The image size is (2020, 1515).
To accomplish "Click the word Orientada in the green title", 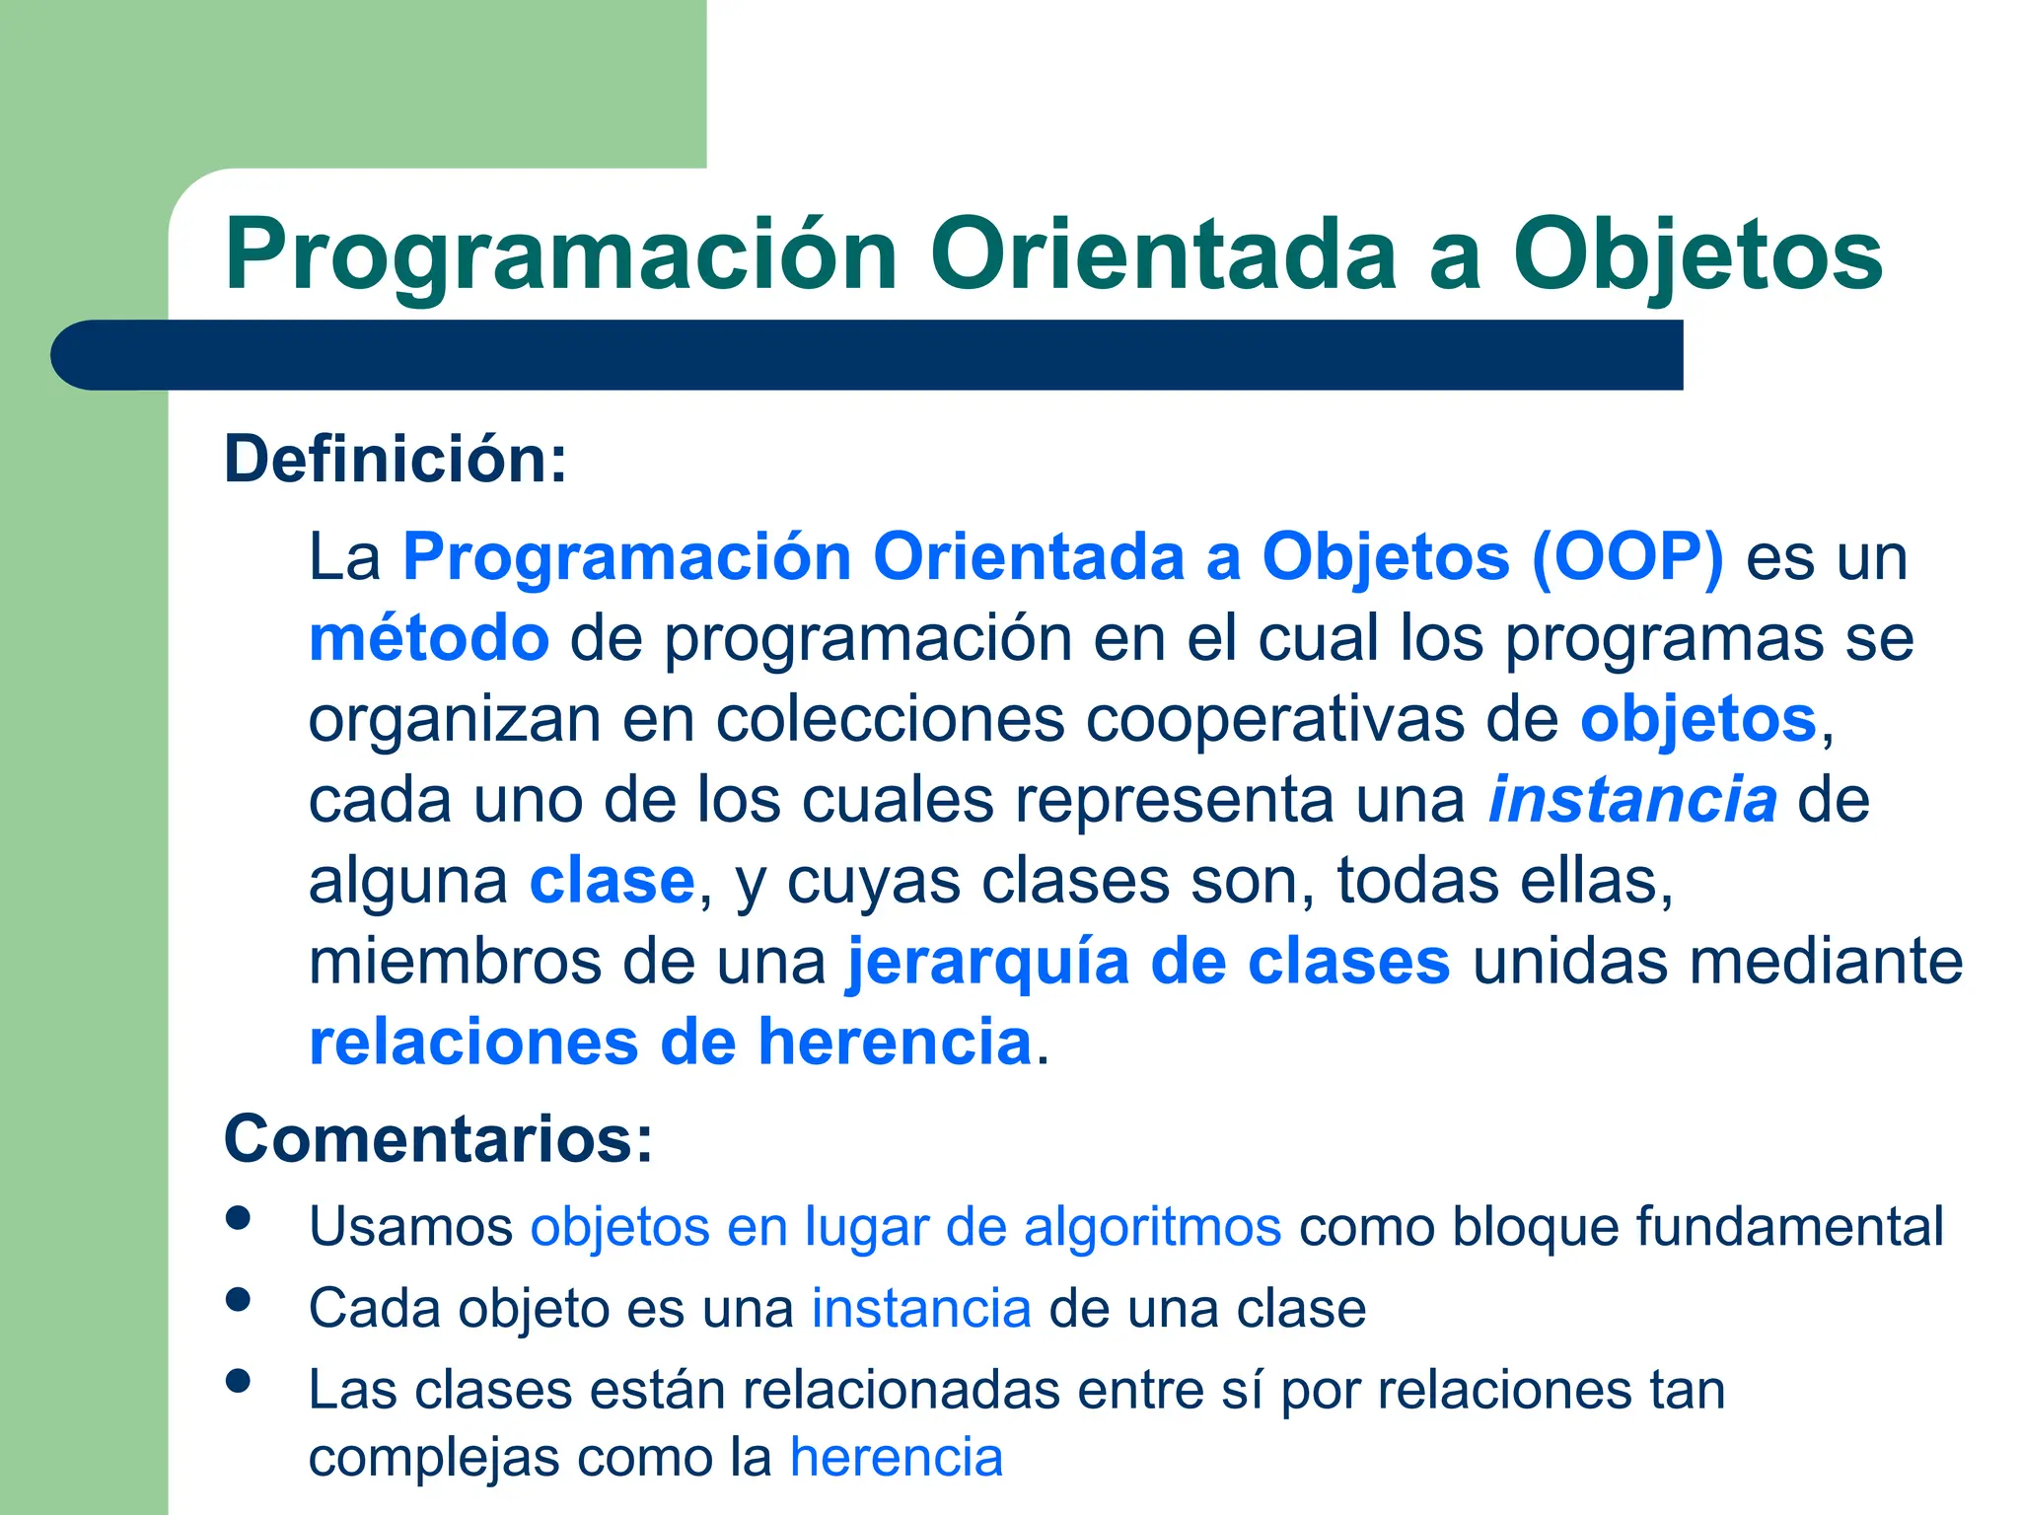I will [x=1163, y=255].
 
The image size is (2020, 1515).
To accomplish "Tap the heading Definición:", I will [x=396, y=460].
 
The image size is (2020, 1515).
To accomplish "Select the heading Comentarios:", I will [x=438, y=1139].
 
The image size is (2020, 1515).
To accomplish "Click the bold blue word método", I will [x=429, y=638].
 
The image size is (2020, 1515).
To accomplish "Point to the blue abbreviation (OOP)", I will [x=1627, y=556].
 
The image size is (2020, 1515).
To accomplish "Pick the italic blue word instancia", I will [x=1632, y=800].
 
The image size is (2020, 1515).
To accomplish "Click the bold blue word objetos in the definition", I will [x=1697, y=719].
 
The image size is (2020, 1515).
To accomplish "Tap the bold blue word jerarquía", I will [x=987, y=962].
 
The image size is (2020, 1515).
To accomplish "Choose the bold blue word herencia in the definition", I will [x=894, y=1043].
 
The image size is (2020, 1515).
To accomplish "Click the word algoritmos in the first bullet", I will [x=1152, y=1228].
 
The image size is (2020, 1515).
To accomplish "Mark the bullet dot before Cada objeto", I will [x=238, y=1299].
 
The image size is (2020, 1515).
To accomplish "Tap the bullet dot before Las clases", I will [x=238, y=1381].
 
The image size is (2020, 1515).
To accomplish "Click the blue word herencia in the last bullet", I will [x=896, y=1458].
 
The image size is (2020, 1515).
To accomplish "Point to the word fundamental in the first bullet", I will [x=1789, y=1228].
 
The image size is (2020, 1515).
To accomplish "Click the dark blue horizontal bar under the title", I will [x=868, y=355].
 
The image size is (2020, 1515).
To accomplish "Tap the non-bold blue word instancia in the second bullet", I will [x=921, y=1310].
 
